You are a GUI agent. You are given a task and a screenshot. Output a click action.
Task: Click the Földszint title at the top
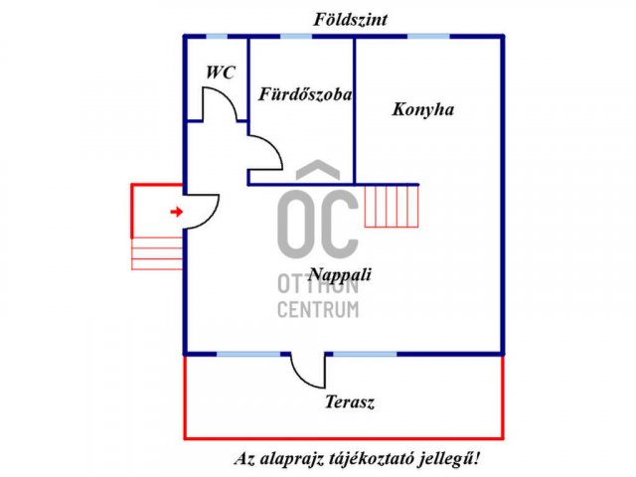[x=350, y=20]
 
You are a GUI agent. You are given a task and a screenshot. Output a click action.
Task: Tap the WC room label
[x=221, y=73]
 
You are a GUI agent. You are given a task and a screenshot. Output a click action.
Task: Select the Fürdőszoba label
[x=305, y=94]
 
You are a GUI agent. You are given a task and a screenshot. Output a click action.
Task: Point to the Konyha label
[x=422, y=109]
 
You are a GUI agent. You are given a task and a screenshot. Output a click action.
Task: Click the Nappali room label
[x=340, y=275]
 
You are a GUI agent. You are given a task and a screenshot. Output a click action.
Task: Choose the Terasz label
[x=350, y=401]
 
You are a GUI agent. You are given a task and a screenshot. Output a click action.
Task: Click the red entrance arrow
[x=177, y=212]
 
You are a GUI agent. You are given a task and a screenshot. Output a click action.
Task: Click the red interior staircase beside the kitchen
[x=392, y=206]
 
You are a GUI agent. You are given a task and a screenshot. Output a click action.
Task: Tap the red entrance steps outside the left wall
[x=157, y=253]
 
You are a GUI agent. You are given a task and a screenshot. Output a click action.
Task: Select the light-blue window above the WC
[x=217, y=36]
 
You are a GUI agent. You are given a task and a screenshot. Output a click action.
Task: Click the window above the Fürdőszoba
[x=296, y=36]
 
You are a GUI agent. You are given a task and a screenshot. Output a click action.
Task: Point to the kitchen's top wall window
[x=428, y=36]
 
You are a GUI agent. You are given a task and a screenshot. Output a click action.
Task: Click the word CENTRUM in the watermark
[x=318, y=309]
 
